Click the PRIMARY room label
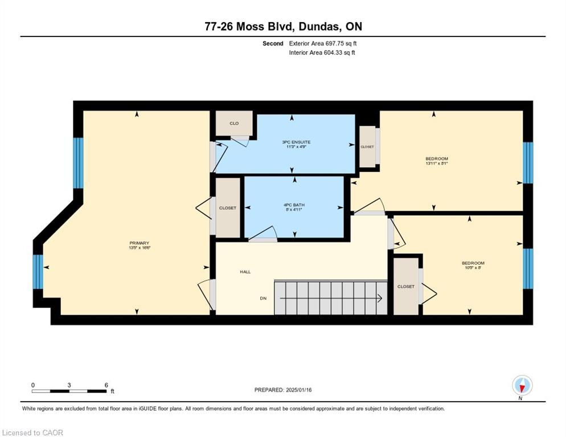pos(139,243)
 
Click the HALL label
pos(245,272)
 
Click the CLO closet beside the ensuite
pos(233,123)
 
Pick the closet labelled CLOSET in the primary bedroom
pos(227,208)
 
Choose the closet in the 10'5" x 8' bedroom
pos(406,286)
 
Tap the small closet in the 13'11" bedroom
pos(367,147)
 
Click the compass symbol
pos(522,386)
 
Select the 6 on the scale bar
pos(106,385)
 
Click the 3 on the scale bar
pos(69,385)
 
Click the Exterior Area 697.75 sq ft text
pos(323,43)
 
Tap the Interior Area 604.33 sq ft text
pos(322,52)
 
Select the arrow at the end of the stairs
pos(378,297)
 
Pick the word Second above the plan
pos(273,43)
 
